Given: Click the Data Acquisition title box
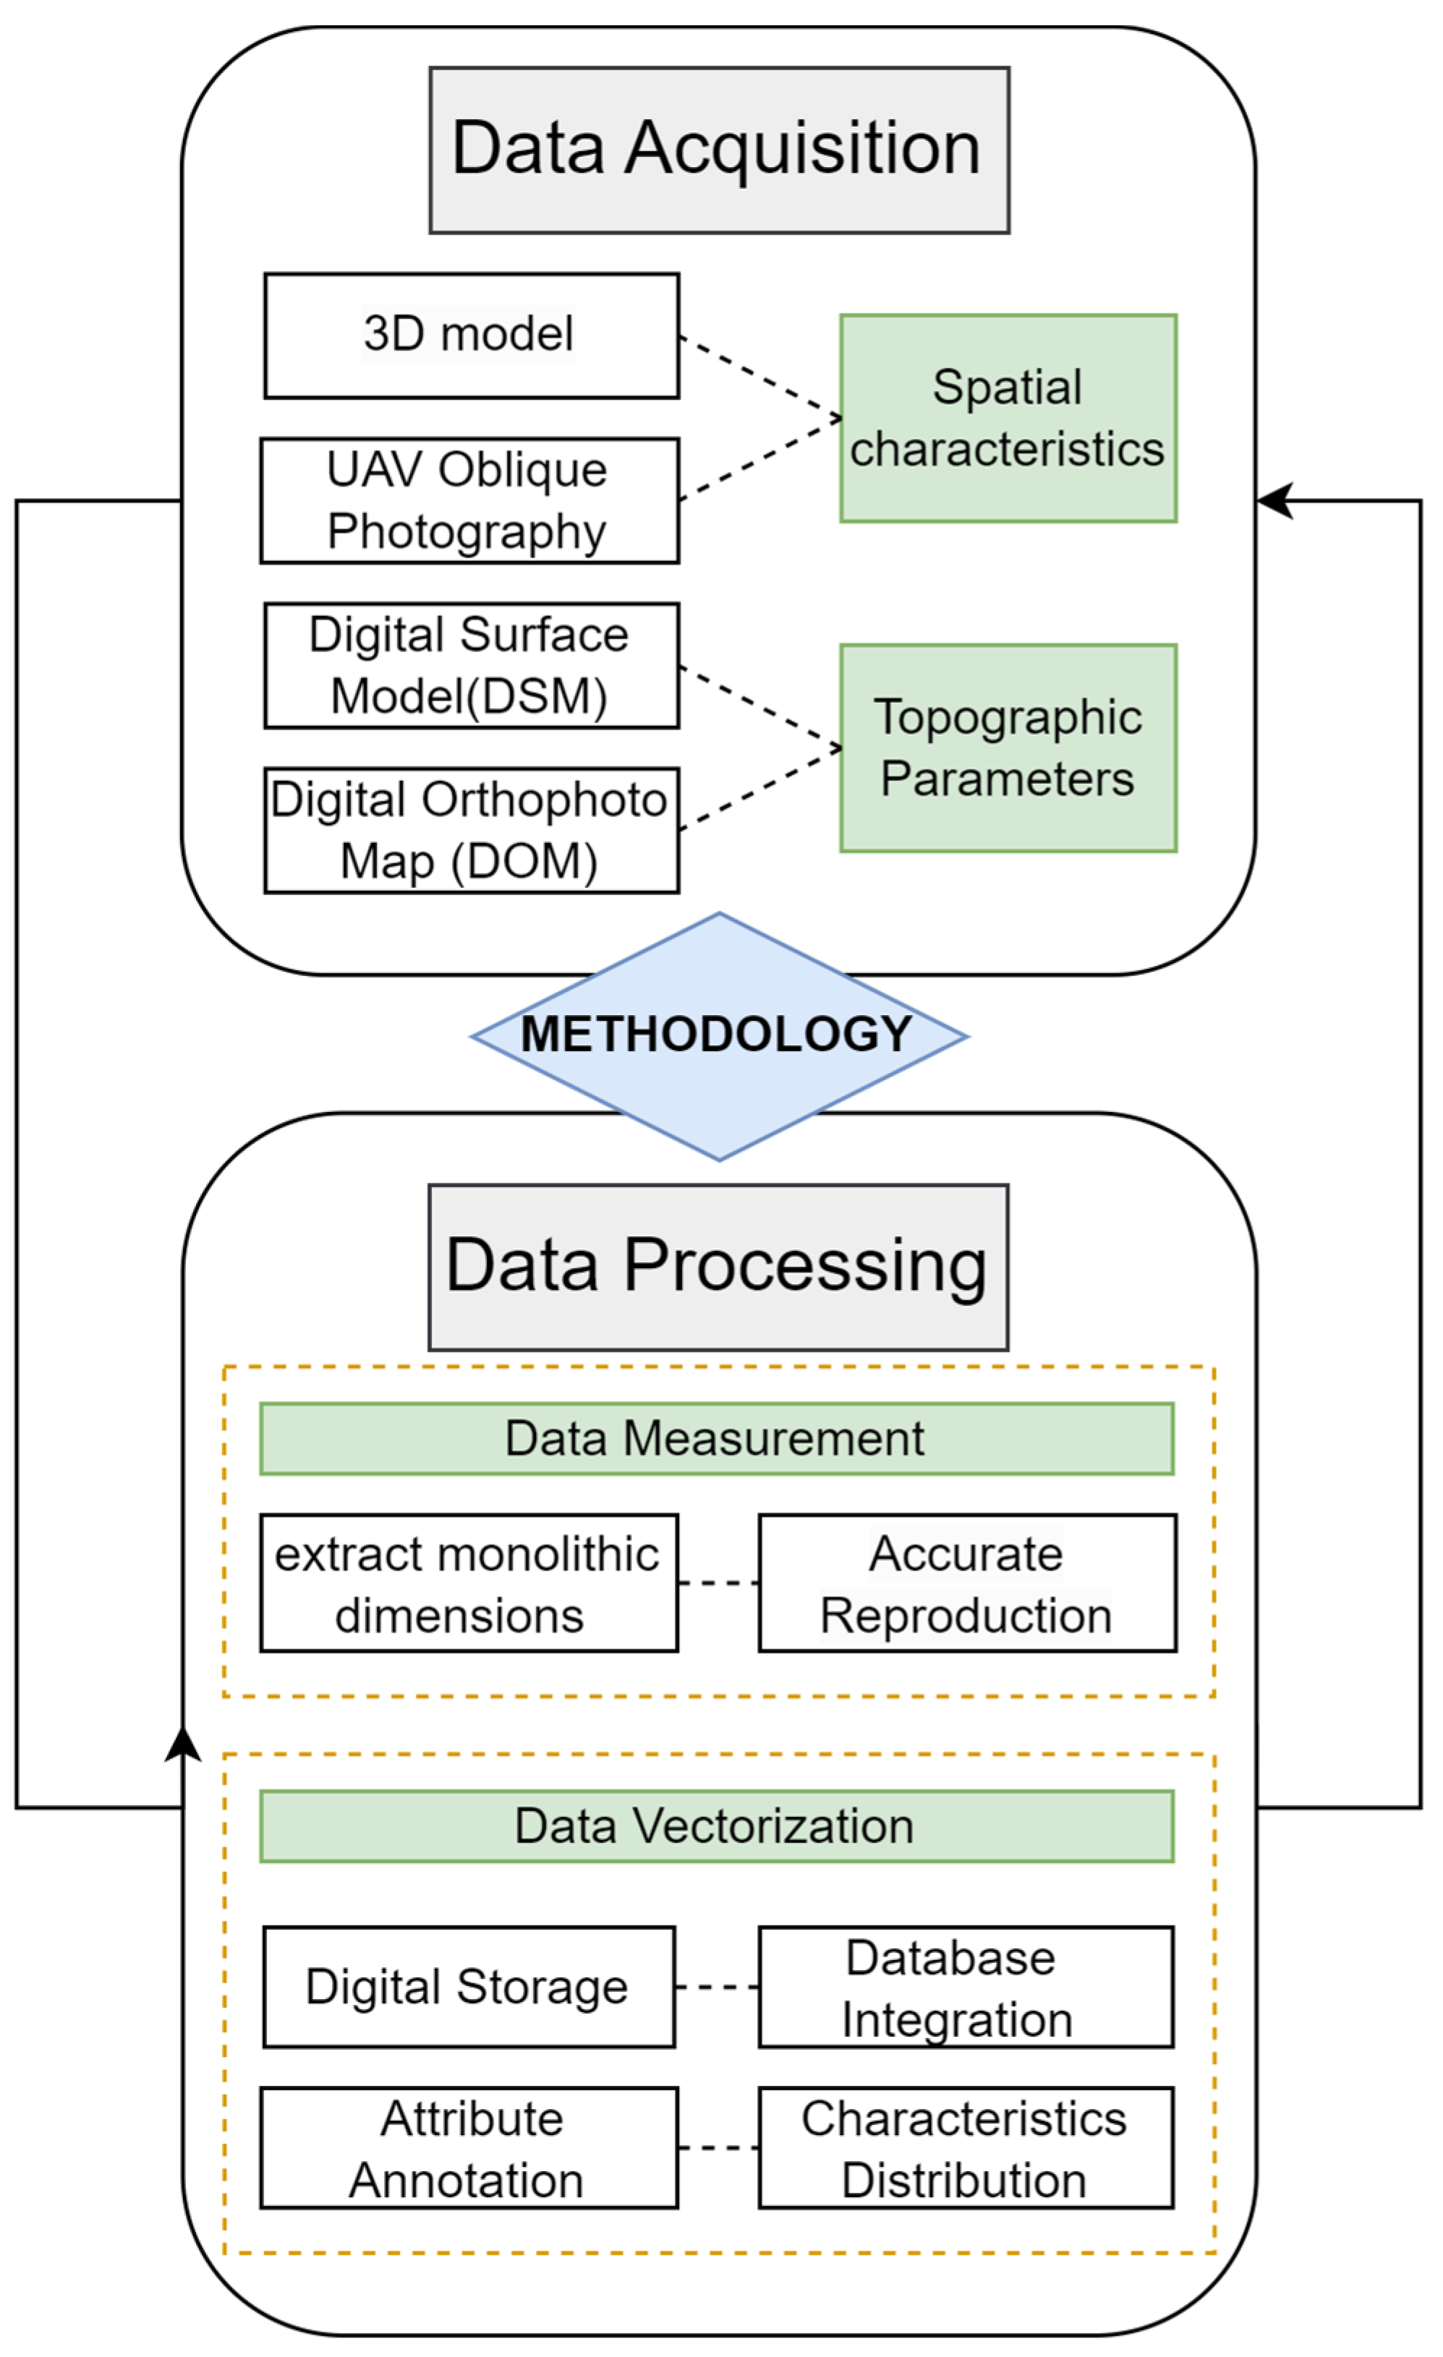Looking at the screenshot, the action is (x=719, y=150).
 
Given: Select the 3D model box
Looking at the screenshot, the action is (x=472, y=335).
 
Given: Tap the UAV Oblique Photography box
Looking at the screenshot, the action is (x=470, y=500).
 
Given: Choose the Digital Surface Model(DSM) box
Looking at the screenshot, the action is (x=472, y=666).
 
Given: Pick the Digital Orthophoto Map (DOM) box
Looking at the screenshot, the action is (x=472, y=830).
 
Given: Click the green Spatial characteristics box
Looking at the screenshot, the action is (x=1008, y=418).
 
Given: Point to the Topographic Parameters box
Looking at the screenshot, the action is (x=1008, y=748).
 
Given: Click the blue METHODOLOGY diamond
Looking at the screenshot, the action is (x=720, y=1036).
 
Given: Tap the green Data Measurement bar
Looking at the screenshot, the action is (x=717, y=1439).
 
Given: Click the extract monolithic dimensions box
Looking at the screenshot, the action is (x=469, y=1583).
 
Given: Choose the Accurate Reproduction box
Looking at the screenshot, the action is (x=967, y=1583).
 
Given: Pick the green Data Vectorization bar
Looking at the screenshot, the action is (x=717, y=1826).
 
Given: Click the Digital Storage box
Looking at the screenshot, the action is (x=469, y=1987).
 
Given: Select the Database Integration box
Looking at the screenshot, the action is (x=966, y=1987).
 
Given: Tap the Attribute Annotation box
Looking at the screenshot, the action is (x=469, y=2147).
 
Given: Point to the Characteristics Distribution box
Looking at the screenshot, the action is (x=966, y=2147).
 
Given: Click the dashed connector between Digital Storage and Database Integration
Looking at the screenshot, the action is (x=717, y=1988).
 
